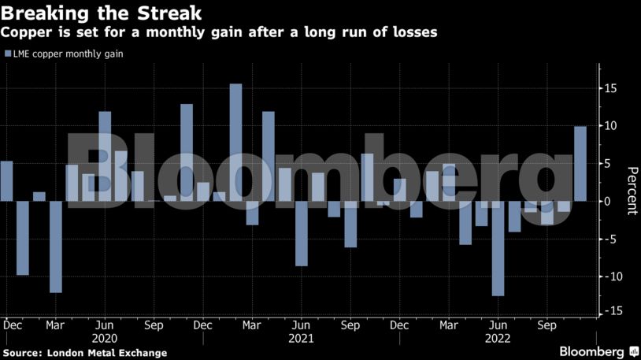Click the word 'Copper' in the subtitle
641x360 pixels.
25,32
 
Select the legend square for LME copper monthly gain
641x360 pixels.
7,54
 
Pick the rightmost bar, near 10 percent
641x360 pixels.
580,163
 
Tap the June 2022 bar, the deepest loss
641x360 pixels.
497,248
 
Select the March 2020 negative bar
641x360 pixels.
55,247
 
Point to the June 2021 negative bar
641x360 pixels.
301,233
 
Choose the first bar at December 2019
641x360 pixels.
6,180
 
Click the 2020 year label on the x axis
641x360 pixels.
105,339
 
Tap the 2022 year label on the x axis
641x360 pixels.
498,339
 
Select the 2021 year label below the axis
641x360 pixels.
301,339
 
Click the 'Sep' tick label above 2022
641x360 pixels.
547,325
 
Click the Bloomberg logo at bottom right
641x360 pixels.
592,351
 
